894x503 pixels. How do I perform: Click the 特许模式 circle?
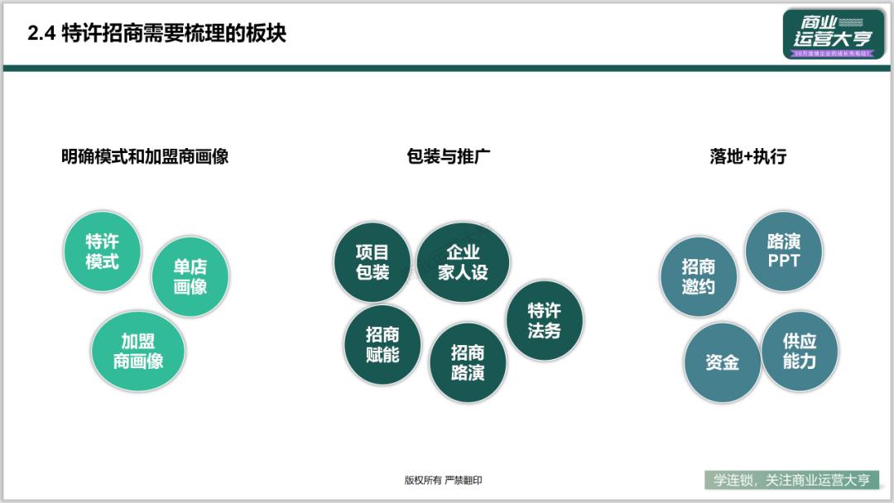click(x=103, y=251)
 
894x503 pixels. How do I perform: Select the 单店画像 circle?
click(x=190, y=276)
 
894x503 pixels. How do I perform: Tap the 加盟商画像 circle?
click(x=138, y=350)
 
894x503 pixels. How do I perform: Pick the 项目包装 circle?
click(x=372, y=261)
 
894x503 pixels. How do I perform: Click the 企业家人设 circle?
click(x=463, y=261)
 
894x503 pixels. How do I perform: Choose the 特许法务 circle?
click(x=544, y=320)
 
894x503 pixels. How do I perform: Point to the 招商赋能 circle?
click(x=382, y=344)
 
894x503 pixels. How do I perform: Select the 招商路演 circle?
click(x=468, y=362)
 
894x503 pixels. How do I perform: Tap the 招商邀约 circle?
click(x=698, y=276)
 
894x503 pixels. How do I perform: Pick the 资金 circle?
click(x=722, y=362)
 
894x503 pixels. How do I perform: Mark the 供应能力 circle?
click(x=800, y=351)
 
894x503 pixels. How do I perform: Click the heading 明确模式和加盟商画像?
click(x=145, y=156)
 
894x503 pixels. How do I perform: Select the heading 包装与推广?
click(x=449, y=156)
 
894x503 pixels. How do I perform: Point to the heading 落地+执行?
click(x=747, y=156)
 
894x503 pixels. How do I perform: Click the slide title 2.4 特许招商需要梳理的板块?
click(x=156, y=34)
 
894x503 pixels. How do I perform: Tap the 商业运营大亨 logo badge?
click(x=833, y=35)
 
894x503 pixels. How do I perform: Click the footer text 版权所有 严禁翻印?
click(x=443, y=481)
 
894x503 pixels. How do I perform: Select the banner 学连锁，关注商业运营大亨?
click(x=791, y=480)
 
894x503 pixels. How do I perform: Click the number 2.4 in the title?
click(x=41, y=34)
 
